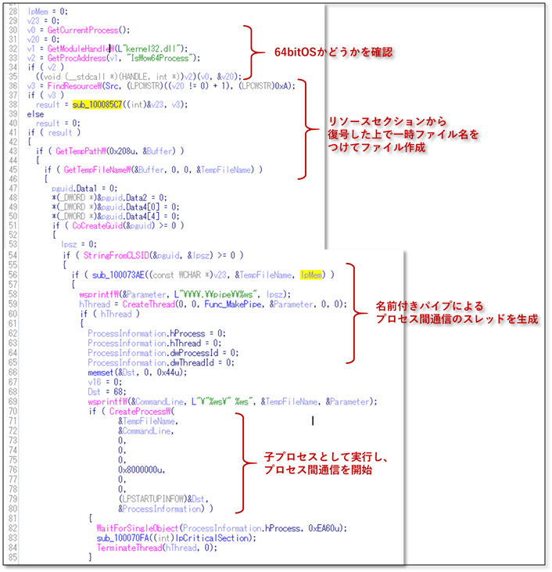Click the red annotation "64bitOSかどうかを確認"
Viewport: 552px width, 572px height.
tap(332, 52)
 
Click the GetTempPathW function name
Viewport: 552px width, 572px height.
tap(77, 150)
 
